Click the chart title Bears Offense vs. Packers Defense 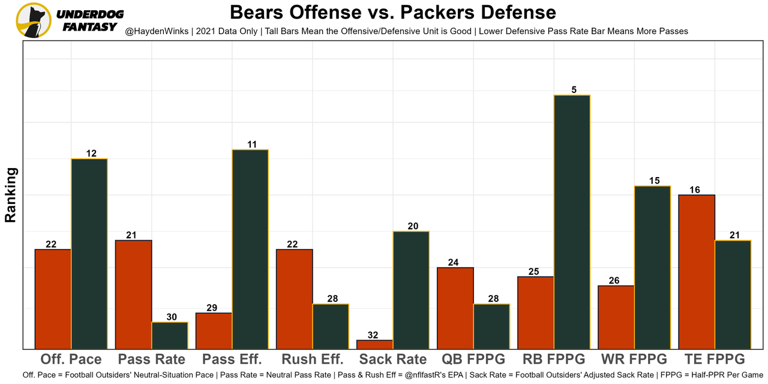click(x=392, y=12)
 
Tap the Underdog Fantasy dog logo click(x=34, y=20)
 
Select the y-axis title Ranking click(x=11, y=195)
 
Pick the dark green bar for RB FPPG click(x=572, y=222)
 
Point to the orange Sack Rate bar click(x=375, y=344)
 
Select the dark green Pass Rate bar click(x=170, y=335)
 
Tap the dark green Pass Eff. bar click(x=250, y=249)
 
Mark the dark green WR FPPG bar click(x=652, y=267)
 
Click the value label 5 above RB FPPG click(x=574, y=90)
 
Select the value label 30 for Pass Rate click(x=171, y=317)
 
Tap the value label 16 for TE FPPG click(x=695, y=190)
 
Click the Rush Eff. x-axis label click(x=313, y=359)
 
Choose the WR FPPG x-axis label click(x=634, y=359)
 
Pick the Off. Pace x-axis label click(x=71, y=359)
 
